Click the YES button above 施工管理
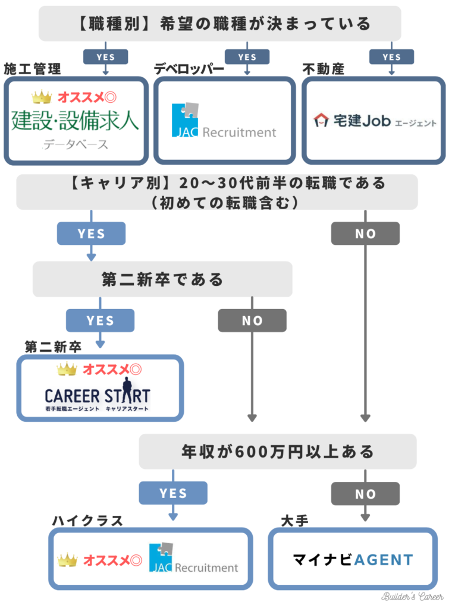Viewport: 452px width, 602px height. tap(106, 57)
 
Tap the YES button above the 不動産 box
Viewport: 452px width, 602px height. tap(391, 57)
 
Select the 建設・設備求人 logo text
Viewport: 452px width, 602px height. tap(75, 121)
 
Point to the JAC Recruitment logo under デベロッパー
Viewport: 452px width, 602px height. tap(224, 121)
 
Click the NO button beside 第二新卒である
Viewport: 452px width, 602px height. tap(252, 320)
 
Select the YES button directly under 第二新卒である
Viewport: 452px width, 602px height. tap(100, 320)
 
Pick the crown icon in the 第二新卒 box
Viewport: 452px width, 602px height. tap(67, 370)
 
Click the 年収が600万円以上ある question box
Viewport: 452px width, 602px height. tap(277, 452)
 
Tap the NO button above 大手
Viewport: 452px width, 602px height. tap(365, 493)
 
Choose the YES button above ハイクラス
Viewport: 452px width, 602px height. tap(173, 493)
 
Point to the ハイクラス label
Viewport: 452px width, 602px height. tap(87, 521)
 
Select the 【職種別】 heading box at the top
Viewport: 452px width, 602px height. tap(219, 24)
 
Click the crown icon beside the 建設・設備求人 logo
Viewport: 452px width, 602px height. tap(42, 96)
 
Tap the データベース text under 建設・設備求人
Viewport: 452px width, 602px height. tap(76, 144)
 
